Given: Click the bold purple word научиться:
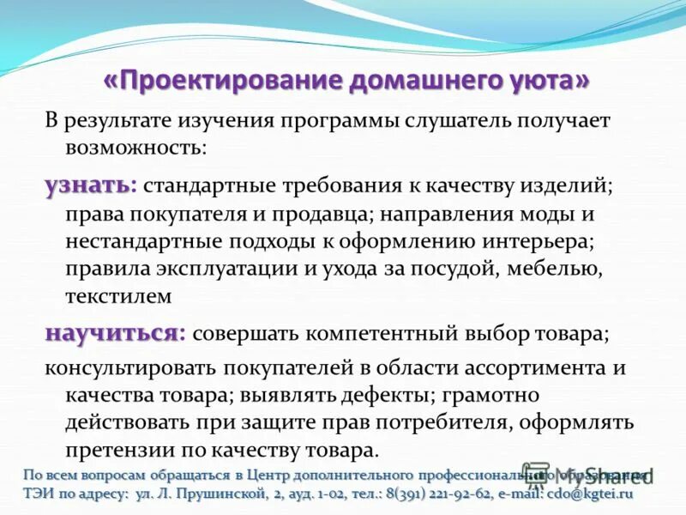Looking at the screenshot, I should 115,333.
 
